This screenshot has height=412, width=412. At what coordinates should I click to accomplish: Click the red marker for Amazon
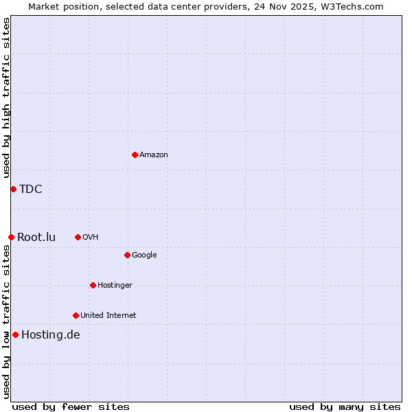(x=135, y=154)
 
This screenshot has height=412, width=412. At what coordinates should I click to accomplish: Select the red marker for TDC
(x=13, y=189)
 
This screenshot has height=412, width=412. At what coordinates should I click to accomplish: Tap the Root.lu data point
(x=11, y=237)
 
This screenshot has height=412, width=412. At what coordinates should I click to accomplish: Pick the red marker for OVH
(x=78, y=237)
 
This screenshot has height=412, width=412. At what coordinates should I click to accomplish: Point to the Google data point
(x=127, y=255)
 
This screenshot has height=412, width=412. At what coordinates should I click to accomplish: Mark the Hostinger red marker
(x=93, y=285)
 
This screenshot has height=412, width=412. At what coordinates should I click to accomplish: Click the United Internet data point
(x=76, y=315)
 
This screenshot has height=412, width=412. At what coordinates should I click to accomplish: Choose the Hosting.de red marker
(x=15, y=334)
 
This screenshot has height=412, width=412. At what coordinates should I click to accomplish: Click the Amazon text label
(x=154, y=154)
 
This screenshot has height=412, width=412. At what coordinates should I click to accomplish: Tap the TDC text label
(x=31, y=190)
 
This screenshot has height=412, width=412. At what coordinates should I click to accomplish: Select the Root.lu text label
(x=36, y=238)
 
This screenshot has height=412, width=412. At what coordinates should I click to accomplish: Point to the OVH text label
(x=91, y=237)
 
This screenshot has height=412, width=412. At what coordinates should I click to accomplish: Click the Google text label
(x=144, y=255)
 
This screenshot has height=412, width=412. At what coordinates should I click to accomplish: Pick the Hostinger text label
(x=115, y=285)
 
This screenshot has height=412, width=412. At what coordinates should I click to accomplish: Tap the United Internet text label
(x=108, y=315)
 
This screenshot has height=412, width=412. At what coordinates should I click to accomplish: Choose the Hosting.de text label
(x=51, y=335)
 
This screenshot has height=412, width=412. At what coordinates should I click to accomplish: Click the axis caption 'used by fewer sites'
(x=71, y=407)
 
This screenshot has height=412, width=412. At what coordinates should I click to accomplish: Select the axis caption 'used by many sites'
(x=345, y=407)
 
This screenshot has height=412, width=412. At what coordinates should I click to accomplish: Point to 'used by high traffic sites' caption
(x=6, y=98)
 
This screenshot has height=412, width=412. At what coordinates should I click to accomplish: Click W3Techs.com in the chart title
(x=351, y=6)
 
